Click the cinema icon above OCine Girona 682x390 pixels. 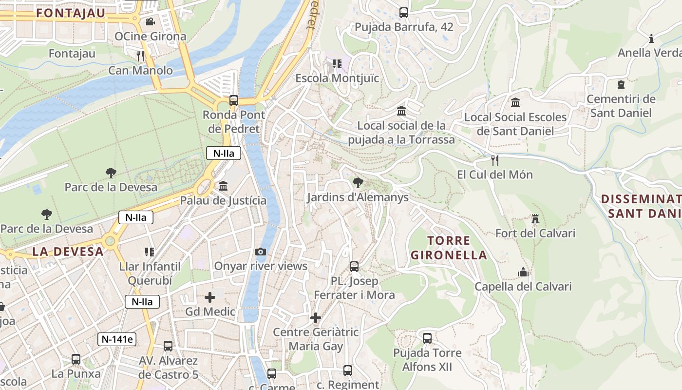pyautogui.click(x=150, y=21)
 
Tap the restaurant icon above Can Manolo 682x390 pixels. pyautogui.click(x=140, y=56)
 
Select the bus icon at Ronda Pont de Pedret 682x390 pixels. pyautogui.click(x=234, y=100)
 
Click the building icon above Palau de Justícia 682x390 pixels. pyautogui.click(x=223, y=186)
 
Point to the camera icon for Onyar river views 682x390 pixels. pyautogui.click(x=261, y=252)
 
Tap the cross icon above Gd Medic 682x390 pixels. pyautogui.click(x=210, y=297)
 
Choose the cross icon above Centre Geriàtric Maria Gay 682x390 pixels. pyautogui.click(x=316, y=318)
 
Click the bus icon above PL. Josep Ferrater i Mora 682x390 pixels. pyautogui.click(x=354, y=267)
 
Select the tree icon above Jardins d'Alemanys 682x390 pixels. pyautogui.click(x=358, y=183)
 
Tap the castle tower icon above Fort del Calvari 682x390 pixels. pyautogui.click(x=535, y=219)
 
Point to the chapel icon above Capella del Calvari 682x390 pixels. pyautogui.click(x=524, y=272)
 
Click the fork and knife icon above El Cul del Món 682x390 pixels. pyautogui.click(x=495, y=160)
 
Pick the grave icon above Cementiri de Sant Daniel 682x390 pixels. pyautogui.click(x=621, y=85)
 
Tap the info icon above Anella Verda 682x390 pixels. pyautogui.click(x=651, y=39)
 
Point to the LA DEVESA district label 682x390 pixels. pyautogui.click(x=68, y=252)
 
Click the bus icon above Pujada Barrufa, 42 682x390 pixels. pyautogui.click(x=404, y=13)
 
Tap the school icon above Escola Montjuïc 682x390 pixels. pyautogui.click(x=337, y=64)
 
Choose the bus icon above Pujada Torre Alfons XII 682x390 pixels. pyautogui.click(x=427, y=338)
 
